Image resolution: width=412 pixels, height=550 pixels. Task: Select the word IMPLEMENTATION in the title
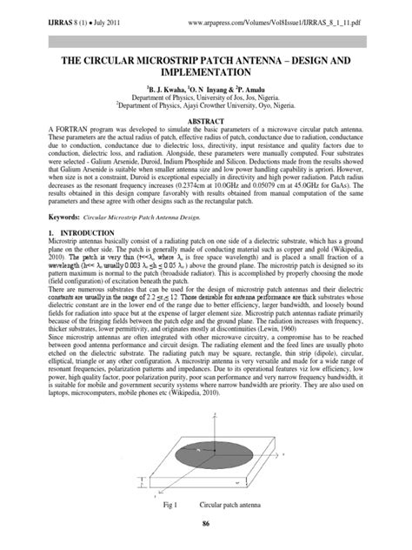205,76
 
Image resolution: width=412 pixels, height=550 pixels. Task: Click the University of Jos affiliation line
206,99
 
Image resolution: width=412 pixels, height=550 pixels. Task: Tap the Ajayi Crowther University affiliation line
206,109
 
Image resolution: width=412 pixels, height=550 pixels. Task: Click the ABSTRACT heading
206,122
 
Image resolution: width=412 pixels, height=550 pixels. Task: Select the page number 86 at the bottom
206,523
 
